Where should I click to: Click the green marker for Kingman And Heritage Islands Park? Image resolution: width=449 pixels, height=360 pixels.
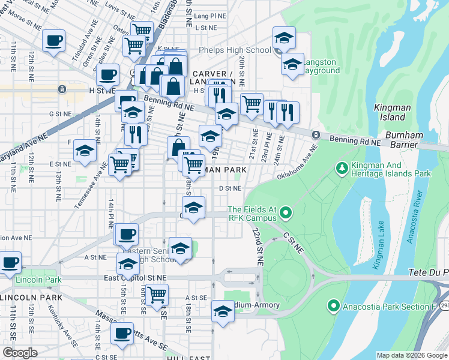point(342,166)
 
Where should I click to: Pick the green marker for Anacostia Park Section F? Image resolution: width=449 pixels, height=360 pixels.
point(334,307)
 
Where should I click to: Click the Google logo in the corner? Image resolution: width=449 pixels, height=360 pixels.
point(20,353)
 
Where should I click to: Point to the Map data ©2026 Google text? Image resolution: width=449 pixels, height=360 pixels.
point(412,355)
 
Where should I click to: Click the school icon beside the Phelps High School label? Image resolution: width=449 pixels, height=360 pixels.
point(284,38)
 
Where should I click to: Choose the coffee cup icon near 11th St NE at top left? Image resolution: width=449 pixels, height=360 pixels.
point(54,40)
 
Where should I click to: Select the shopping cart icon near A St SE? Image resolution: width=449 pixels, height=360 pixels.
point(157,295)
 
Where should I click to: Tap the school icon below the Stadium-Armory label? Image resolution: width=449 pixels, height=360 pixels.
point(223,311)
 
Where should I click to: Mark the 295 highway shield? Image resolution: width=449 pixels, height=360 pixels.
point(444,306)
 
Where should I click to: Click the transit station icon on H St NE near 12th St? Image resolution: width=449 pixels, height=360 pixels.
point(62,89)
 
